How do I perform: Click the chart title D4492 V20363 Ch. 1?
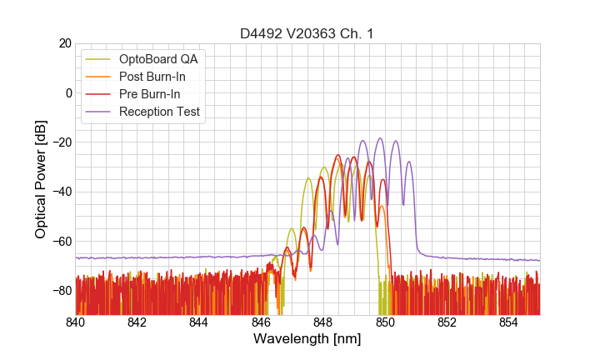click(x=307, y=34)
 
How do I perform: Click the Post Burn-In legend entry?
click(x=152, y=77)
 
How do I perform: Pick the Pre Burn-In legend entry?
click(x=150, y=94)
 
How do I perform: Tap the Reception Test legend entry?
click(x=159, y=112)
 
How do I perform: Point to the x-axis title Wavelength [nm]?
click(x=307, y=340)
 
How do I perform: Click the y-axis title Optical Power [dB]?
click(x=41, y=179)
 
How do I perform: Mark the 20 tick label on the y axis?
click(x=64, y=43)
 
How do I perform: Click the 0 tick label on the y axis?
click(x=67, y=92)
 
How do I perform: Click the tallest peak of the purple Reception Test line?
click(x=380, y=138)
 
